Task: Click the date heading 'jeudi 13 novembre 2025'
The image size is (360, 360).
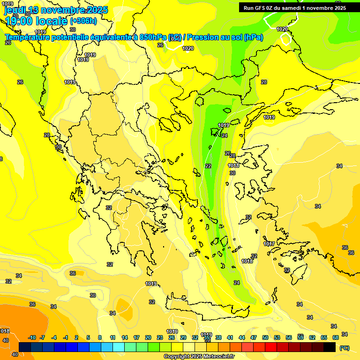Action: tap(56, 10)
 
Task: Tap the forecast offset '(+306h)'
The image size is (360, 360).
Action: tap(83, 21)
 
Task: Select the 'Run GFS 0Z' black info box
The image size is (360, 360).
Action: tap(295, 7)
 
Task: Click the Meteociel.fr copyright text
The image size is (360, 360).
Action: tap(199, 357)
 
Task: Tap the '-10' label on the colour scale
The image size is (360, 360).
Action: tap(32, 338)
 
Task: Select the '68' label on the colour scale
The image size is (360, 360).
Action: tap(336, 338)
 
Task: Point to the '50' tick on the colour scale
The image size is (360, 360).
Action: tap(265, 338)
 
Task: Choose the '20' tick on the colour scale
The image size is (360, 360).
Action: tap(148, 338)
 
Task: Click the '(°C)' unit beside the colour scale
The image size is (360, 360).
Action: tap(345, 348)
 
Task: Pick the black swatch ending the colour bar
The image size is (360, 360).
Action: tap(330, 347)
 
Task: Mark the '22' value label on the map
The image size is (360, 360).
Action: tap(208, 166)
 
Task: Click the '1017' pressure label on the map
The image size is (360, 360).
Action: tap(269, 244)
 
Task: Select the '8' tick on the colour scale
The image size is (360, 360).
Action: tap(100, 338)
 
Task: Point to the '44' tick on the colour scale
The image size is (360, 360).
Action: tap(242, 338)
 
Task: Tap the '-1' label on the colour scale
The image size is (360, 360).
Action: tap(66, 338)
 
